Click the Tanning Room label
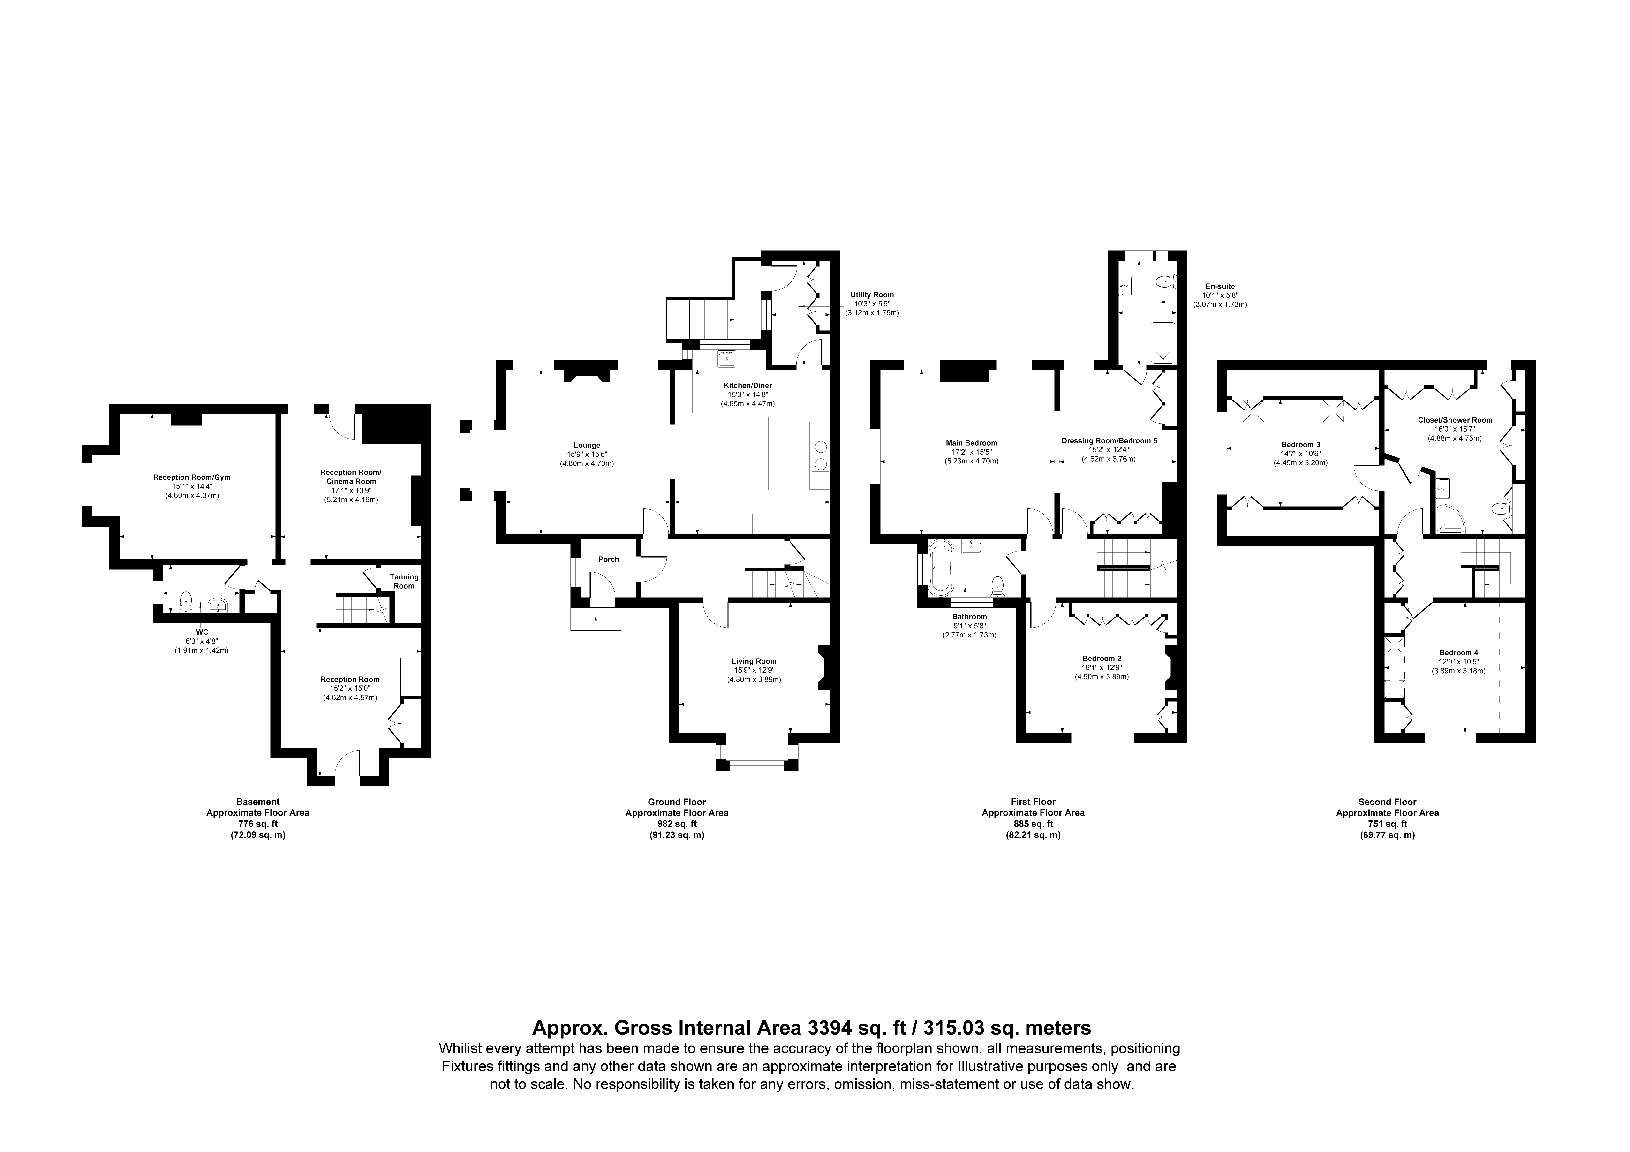pos(404,582)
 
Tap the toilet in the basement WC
pos(186,601)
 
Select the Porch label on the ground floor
pos(608,560)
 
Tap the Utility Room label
pos(873,295)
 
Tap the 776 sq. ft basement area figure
pos(258,824)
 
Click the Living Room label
pos(754,661)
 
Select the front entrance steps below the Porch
pos(596,619)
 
